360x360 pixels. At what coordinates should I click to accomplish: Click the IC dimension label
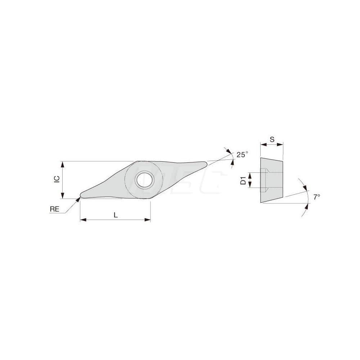click(56, 180)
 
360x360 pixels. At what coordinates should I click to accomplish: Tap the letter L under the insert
click(115, 215)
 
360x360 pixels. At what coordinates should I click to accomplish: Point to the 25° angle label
click(242, 155)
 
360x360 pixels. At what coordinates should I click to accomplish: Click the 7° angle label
click(316, 197)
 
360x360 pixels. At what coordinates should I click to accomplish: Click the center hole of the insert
click(144, 179)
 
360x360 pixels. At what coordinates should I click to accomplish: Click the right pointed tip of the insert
click(206, 164)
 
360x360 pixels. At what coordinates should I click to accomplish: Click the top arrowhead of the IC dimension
click(63, 164)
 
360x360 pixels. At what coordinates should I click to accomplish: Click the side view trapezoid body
click(272, 180)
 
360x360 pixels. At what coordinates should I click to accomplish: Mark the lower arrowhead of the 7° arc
click(307, 205)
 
